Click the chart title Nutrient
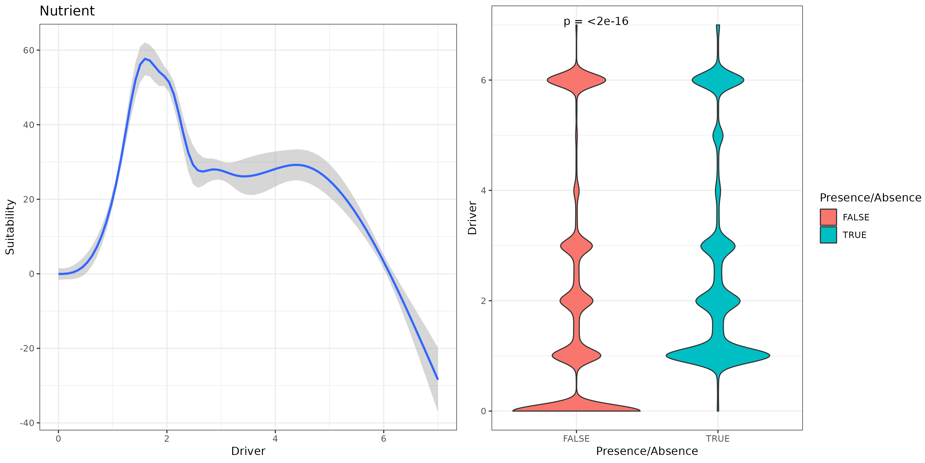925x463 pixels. (67, 11)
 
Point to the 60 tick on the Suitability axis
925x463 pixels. (29, 50)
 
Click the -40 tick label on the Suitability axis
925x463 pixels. (27, 423)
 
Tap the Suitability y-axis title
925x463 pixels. (10, 227)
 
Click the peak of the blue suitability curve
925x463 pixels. (145, 59)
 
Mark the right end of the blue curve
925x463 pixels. (437, 379)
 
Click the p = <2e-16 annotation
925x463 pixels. (596, 22)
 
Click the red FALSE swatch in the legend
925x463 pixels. (828, 217)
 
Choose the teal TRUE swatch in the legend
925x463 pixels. (828, 235)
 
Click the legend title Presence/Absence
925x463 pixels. (870, 198)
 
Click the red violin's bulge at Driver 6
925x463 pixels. (576, 80)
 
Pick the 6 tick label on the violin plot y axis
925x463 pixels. (483, 80)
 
